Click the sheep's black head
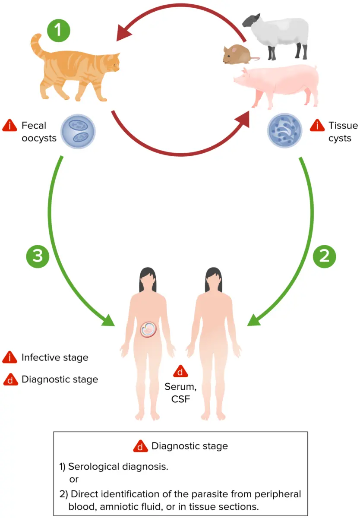click(x=252, y=21)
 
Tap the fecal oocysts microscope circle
click(x=77, y=131)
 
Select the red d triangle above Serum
click(x=180, y=372)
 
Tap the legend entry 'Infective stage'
click(x=54, y=358)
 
